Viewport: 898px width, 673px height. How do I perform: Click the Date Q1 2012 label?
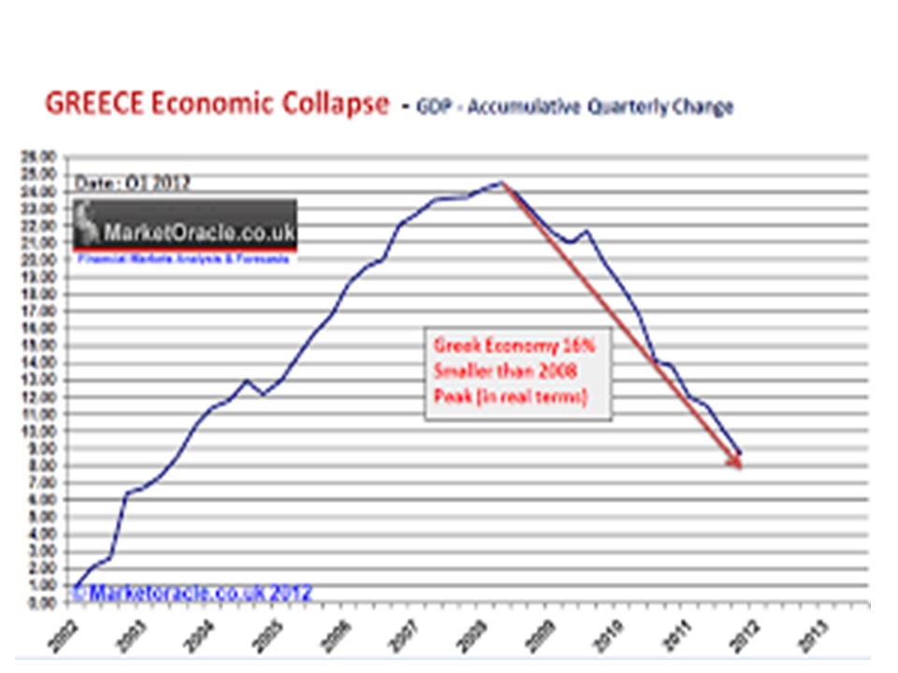132,183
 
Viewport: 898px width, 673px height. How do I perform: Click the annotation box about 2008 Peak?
518,371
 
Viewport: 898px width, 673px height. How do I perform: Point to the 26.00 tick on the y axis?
46,157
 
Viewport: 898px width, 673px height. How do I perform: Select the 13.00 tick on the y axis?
46,380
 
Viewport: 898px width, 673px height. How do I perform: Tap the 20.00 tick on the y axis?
46,260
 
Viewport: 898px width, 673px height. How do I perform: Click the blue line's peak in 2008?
501,182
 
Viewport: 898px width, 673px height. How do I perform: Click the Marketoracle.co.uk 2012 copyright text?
192,593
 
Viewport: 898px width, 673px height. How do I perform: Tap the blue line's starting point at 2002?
77,588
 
